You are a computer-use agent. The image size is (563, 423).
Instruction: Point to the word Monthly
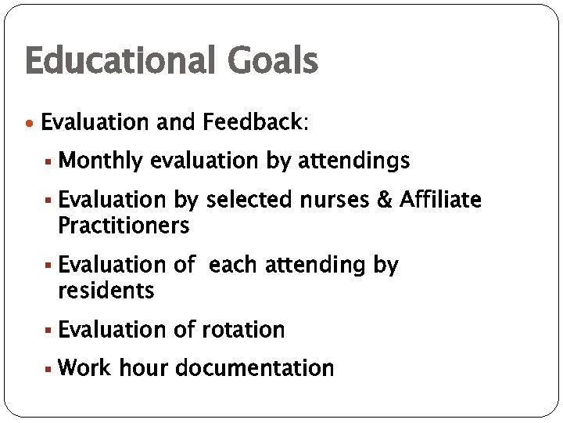pyautogui.click(x=100, y=162)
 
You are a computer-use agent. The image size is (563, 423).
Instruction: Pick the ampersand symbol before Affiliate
pyautogui.click(x=384, y=201)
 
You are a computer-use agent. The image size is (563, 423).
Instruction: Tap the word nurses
pyautogui.click(x=335, y=201)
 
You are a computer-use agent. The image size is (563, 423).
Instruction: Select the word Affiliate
pyautogui.click(x=440, y=201)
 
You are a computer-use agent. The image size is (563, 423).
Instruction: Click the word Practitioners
pyautogui.click(x=124, y=226)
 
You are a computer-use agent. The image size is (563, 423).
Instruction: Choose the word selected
pyautogui.click(x=249, y=201)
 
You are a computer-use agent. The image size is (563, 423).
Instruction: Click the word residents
pyautogui.click(x=106, y=291)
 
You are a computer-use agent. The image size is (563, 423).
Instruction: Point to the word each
pyautogui.click(x=235, y=265)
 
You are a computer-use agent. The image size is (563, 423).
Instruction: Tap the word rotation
pyautogui.click(x=243, y=330)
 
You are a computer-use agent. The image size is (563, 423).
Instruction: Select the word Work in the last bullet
pyautogui.click(x=84, y=367)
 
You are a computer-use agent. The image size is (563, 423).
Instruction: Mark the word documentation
pyautogui.click(x=255, y=367)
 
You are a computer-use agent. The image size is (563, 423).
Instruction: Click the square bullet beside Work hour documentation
pyautogui.click(x=49, y=368)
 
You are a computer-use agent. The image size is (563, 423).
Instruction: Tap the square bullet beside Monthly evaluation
pyautogui.click(x=49, y=162)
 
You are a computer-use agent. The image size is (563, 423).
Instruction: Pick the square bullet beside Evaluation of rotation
pyautogui.click(x=49, y=331)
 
